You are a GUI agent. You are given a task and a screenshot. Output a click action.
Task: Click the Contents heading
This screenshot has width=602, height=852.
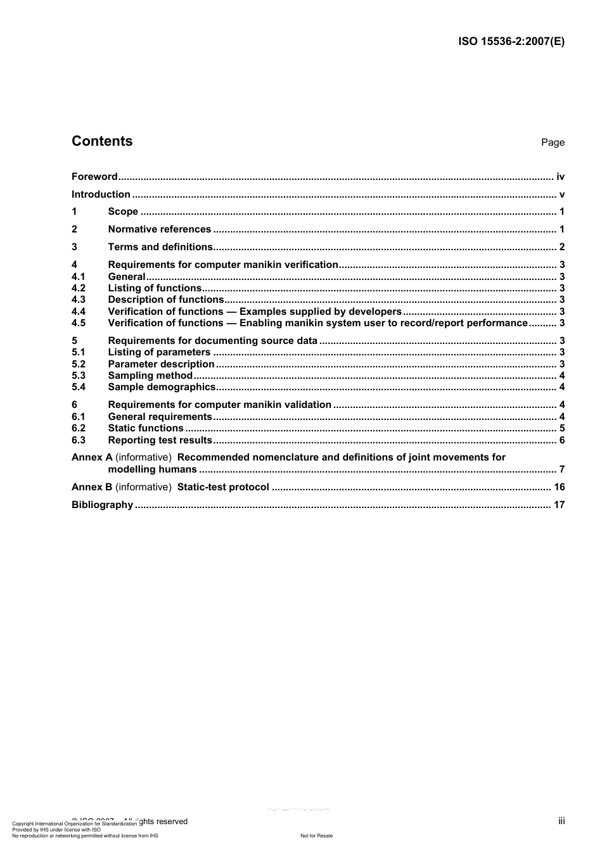click(102, 141)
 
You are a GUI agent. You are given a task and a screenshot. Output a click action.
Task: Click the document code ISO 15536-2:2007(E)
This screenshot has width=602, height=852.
click(511, 42)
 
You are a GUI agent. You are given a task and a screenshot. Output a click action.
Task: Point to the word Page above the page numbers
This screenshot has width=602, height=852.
click(553, 143)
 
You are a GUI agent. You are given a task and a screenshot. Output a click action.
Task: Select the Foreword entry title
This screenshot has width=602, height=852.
click(94, 177)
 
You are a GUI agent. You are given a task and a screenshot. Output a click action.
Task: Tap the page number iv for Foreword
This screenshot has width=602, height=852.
click(560, 177)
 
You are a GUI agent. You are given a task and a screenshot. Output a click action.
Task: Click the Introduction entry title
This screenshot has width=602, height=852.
click(101, 194)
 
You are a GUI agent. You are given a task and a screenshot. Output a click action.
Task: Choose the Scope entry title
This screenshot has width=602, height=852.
click(123, 212)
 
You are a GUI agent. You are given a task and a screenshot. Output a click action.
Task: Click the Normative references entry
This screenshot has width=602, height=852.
click(159, 229)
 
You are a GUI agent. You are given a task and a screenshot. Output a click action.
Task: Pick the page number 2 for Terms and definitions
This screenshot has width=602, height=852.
click(561, 247)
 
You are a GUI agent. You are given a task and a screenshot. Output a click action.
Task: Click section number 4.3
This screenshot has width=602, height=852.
click(79, 300)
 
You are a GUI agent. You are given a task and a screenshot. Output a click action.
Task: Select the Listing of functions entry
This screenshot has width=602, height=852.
click(155, 288)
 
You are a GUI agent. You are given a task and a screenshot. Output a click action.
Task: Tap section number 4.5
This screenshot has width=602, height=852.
click(79, 323)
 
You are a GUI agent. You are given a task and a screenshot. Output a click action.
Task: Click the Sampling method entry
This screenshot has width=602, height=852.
click(150, 376)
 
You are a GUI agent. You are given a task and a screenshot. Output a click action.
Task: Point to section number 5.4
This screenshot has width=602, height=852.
click(79, 387)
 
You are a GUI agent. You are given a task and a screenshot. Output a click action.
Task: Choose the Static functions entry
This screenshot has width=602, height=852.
click(146, 428)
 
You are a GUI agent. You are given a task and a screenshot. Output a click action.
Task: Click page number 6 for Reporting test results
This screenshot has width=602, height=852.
click(561, 440)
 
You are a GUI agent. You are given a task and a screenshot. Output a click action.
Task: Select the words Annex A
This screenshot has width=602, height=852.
click(92, 457)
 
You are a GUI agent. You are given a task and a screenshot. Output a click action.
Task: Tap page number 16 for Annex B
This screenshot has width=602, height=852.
click(559, 487)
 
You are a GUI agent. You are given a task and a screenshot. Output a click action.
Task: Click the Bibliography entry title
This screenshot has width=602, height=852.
click(102, 505)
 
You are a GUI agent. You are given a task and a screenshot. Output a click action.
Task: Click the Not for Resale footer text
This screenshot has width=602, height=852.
click(316, 836)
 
